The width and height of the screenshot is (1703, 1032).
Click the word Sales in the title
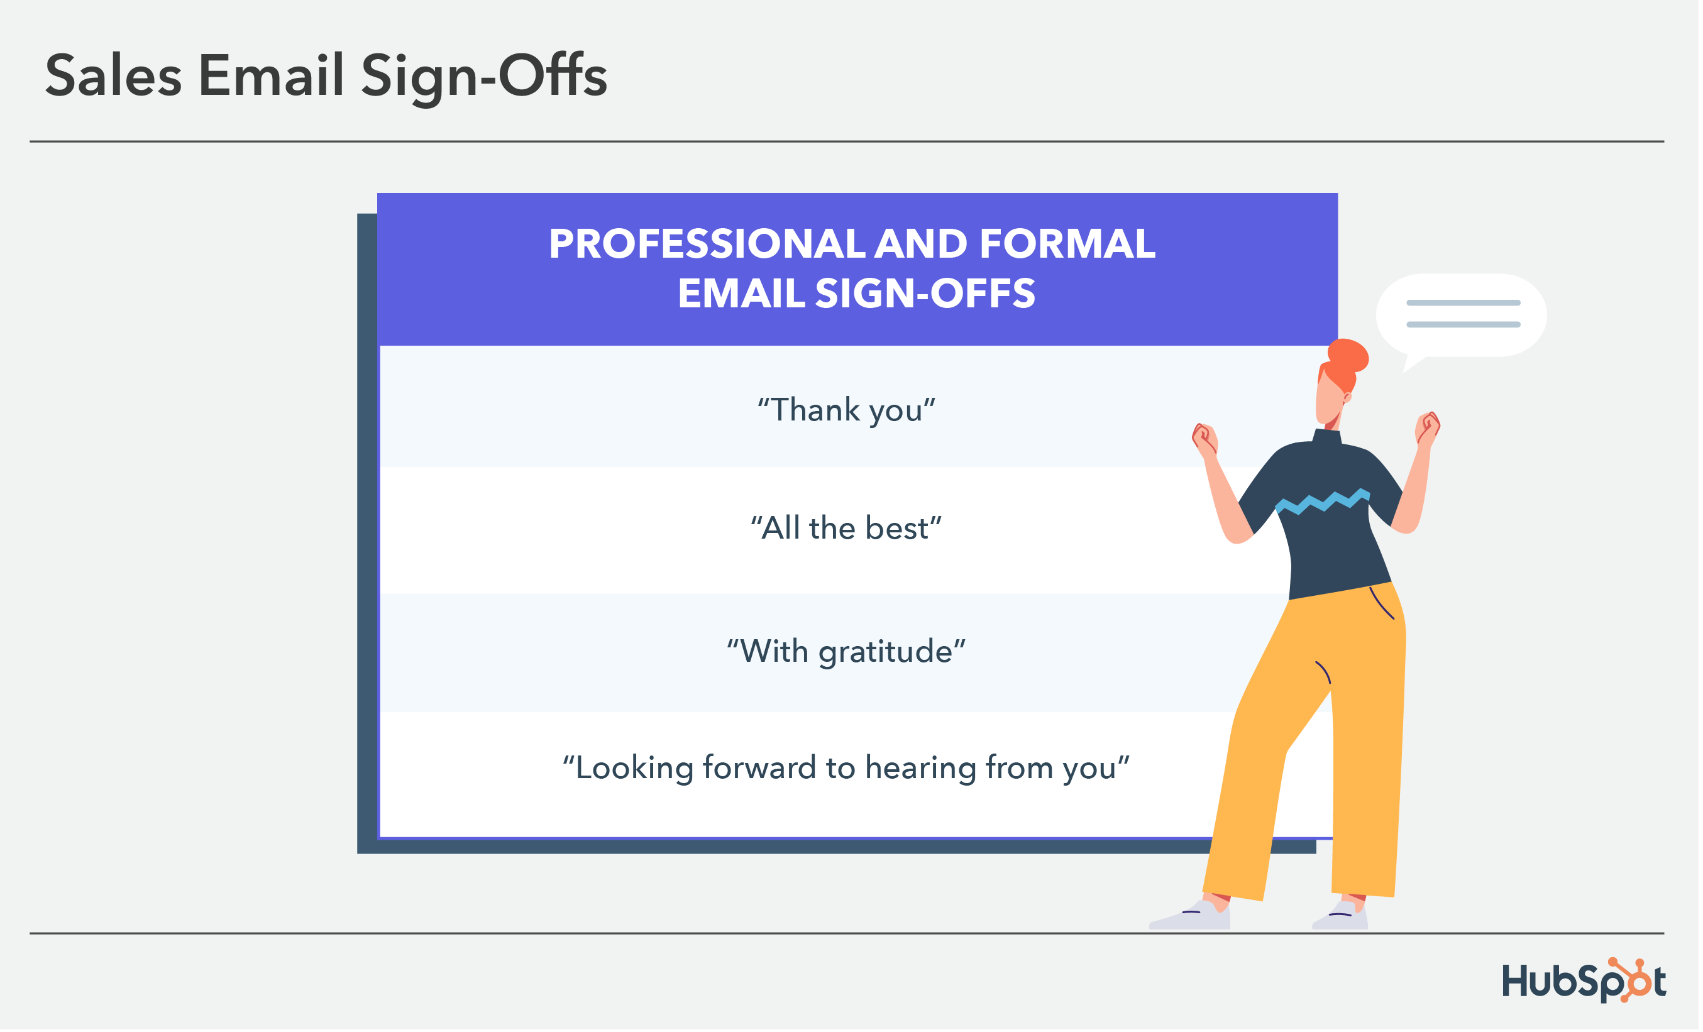click(113, 76)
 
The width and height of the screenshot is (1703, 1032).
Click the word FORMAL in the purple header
click(1069, 244)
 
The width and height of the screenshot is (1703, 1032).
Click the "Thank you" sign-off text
click(847, 410)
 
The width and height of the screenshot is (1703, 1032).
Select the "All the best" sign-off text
click(847, 529)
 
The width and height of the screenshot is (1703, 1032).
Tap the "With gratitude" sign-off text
click(847, 653)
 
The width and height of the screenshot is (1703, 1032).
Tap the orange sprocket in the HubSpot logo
click(1639, 981)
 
